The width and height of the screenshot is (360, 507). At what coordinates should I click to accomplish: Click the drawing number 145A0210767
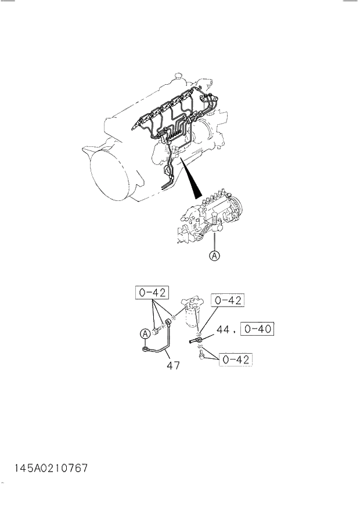point(48,467)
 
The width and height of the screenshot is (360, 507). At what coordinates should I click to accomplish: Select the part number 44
point(224,330)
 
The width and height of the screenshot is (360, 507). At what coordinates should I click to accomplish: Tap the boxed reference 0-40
point(258,329)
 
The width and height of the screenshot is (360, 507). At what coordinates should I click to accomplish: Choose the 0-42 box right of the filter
point(228,300)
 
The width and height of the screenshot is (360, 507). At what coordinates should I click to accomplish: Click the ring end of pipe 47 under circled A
point(146,350)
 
